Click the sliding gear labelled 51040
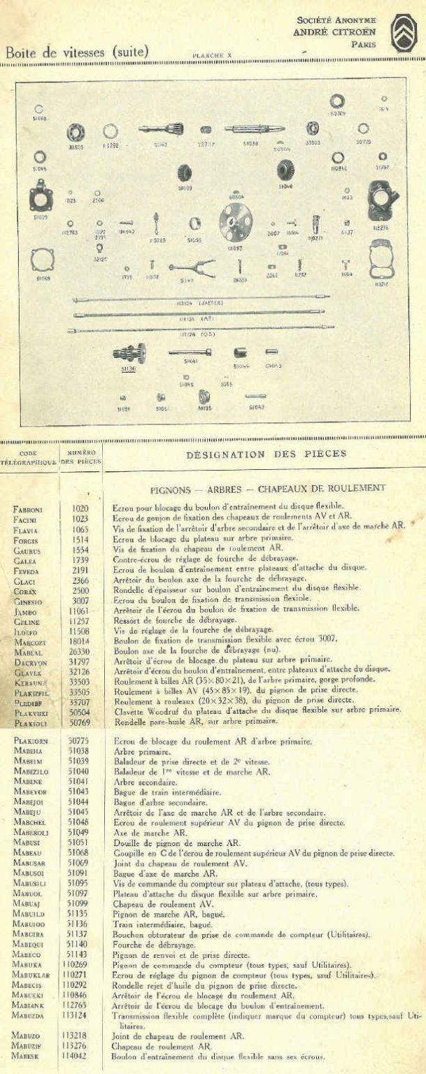[x=285, y=170]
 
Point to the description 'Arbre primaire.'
[x=134, y=753]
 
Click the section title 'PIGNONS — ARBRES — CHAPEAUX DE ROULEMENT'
[x=268, y=488]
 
